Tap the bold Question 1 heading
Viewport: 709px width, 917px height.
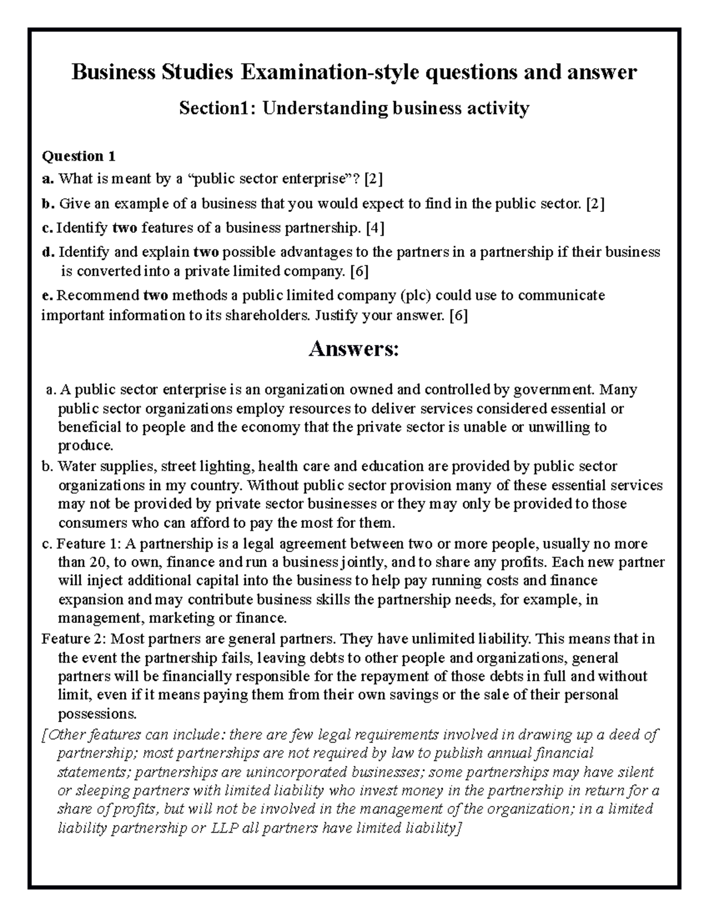(x=78, y=156)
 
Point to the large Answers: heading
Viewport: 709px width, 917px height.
(x=354, y=350)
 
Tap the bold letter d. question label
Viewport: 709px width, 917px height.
(x=47, y=253)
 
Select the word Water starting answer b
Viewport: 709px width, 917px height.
(x=74, y=466)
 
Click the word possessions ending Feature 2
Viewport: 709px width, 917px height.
(x=96, y=714)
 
